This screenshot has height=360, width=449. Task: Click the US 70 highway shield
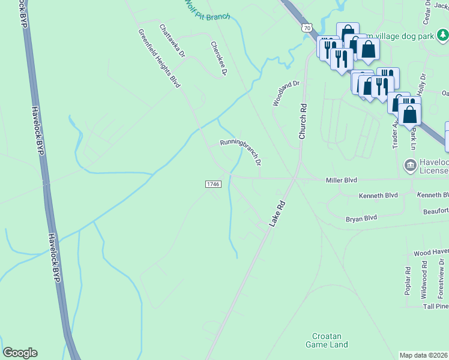tap(307, 28)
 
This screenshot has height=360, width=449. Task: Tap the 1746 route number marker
tap(212, 184)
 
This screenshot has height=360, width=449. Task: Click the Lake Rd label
tap(276, 214)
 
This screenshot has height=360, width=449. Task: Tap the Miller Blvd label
tap(341, 180)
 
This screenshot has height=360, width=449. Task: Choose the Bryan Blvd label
tap(361, 218)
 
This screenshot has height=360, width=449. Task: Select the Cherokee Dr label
tap(218, 58)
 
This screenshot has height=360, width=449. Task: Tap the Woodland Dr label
tap(286, 94)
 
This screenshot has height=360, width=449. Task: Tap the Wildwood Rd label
tap(424, 280)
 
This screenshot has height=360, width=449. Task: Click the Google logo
tap(20, 353)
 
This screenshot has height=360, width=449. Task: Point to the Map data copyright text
tap(424, 355)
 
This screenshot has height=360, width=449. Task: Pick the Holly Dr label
tap(423, 84)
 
